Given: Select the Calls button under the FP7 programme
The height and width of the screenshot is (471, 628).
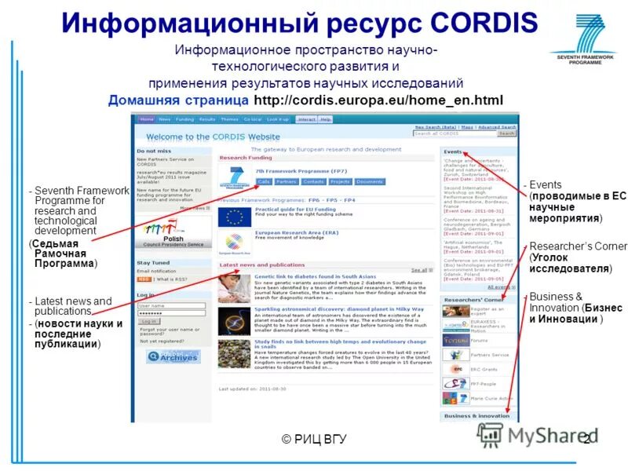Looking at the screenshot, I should click(263, 181).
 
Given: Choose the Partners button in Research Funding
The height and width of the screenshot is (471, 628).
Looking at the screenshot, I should click(286, 181).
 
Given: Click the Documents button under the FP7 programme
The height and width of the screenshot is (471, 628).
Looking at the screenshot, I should click(369, 181).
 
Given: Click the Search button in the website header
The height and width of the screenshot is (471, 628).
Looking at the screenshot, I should click(507, 133).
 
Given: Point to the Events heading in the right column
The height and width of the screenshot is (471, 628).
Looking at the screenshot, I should click(453, 152).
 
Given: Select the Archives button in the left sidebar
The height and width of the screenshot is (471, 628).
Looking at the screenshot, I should click(173, 356).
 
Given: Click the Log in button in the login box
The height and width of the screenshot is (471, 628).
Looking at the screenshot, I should click(148, 321).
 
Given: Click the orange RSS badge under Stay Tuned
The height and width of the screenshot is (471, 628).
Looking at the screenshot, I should click(144, 279).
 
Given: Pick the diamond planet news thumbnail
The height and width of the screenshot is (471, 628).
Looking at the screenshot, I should click(235, 319).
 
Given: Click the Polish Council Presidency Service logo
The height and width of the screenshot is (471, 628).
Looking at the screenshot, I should click(173, 234).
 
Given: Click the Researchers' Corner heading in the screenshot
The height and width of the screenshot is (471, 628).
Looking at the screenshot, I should click(473, 299).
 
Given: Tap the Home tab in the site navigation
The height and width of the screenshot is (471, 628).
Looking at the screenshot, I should click(147, 119).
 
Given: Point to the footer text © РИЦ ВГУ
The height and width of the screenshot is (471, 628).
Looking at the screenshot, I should click(314, 438).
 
